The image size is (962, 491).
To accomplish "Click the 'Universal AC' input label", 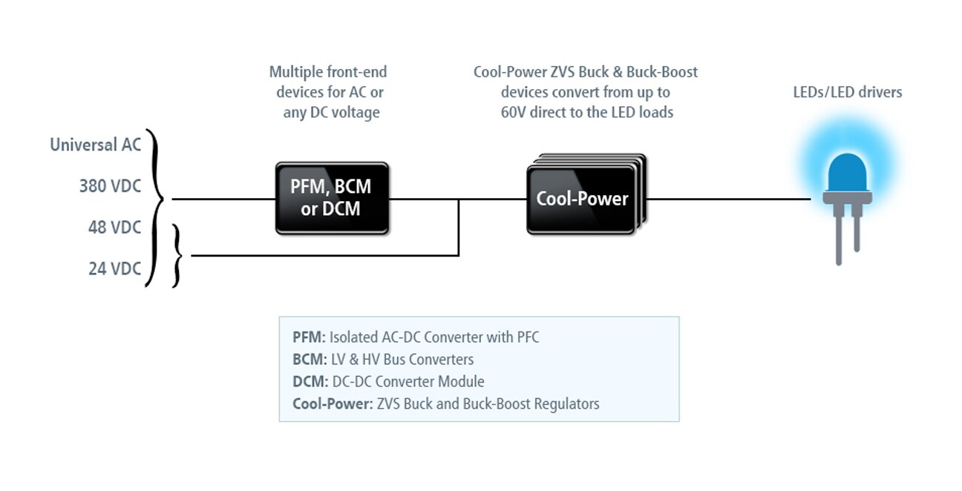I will [95, 145].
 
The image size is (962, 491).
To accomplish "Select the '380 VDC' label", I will [110, 186].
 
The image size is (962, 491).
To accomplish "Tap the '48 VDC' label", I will [114, 228].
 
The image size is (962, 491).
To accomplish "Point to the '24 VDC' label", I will [114, 268].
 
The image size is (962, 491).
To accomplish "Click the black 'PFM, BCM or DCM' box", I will [331, 198].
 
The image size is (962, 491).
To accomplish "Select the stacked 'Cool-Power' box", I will [582, 199].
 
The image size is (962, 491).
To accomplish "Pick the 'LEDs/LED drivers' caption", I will [848, 93].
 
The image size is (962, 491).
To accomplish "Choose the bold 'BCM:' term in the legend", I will [310, 360].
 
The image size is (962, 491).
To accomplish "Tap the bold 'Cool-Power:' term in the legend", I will [332, 404].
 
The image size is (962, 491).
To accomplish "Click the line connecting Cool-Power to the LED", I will [727, 199].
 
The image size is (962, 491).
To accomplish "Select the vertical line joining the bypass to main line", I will [459, 227].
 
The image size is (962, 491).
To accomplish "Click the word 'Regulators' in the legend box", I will [564, 404].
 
